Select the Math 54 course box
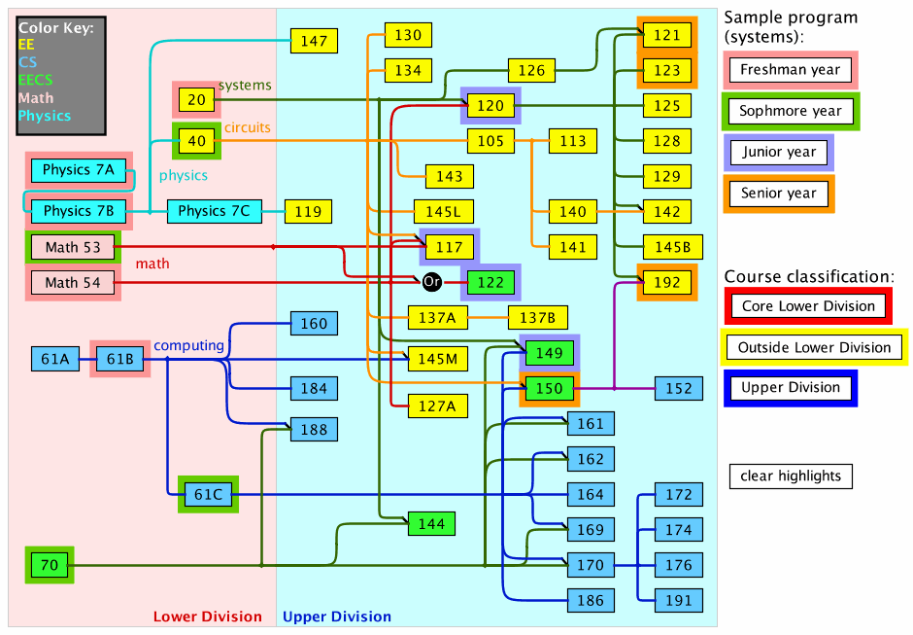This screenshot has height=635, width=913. pos(73,283)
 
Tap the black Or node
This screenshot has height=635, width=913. pos(432,282)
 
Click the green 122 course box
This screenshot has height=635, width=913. pos(490,283)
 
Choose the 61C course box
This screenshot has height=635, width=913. pos(208,495)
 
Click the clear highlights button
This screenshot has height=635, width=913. pos(791,476)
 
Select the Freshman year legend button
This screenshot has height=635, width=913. pos(790,70)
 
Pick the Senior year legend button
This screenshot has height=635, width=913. pos(778,193)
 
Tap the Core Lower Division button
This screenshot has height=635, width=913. pos(808,306)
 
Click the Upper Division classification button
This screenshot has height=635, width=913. pos(790,388)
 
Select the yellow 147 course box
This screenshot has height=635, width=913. pos(314,41)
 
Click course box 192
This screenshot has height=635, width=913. pos(666,283)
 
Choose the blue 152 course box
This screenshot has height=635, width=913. pos(679,389)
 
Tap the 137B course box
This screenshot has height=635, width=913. pos(537,317)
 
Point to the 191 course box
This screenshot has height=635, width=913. pos(679,600)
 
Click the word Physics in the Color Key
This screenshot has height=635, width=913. pos(45,116)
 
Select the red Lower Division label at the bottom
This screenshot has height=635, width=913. pos(207,617)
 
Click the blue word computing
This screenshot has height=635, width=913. pos(188,345)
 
